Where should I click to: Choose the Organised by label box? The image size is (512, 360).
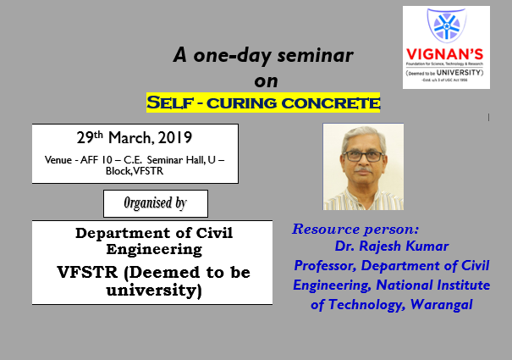155,203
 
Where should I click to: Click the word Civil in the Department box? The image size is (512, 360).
211,233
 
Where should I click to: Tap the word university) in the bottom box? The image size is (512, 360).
151,291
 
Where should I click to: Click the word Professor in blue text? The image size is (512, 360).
328,267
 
